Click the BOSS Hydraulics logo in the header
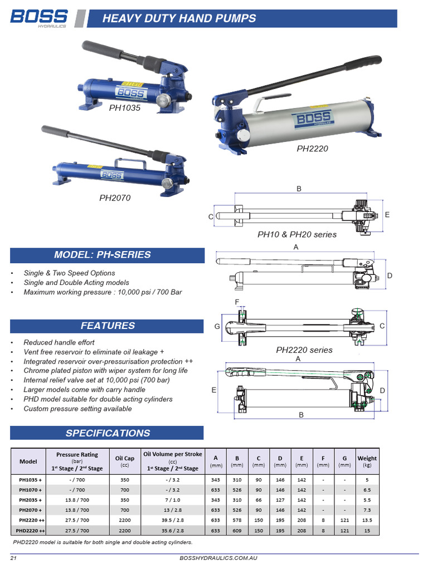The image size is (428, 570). coord(39,18)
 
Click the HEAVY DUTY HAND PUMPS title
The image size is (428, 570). coord(179,18)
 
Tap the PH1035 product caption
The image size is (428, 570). coord(125,108)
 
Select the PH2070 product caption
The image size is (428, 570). coord(115,197)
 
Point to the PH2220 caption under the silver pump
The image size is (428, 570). coord(312,149)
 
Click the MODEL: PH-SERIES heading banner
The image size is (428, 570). coord(102,255)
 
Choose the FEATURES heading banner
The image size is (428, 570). coord(108,326)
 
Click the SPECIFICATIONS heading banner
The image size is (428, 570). coord(108,433)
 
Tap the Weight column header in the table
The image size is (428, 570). coord(367,461)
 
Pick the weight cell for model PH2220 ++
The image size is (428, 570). coord(367,520)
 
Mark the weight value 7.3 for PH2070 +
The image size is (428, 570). coord(367,510)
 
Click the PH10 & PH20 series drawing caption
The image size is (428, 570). coord(296,234)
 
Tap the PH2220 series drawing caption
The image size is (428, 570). coord(304,350)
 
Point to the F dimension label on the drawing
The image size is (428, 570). coord(237,302)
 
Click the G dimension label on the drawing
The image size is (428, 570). coord(217,326)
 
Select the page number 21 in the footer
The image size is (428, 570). coord(13,558)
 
